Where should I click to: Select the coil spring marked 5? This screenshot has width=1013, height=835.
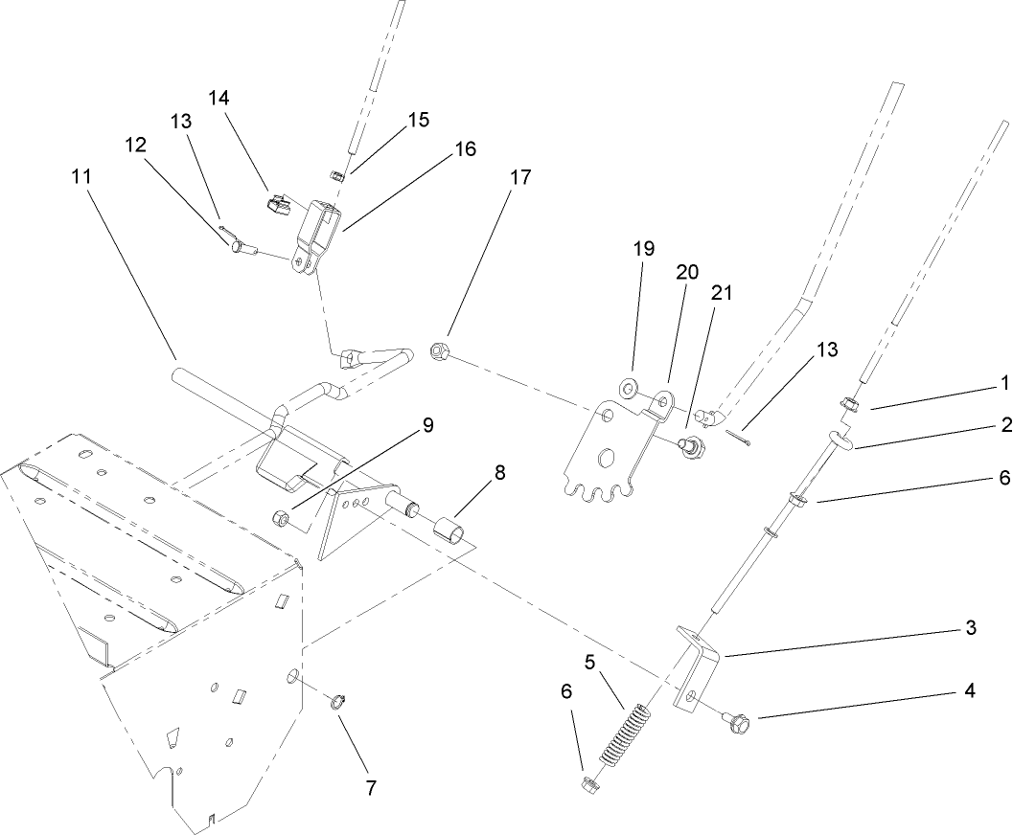[x=622, y=735]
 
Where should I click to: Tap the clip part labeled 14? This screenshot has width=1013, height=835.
[x=279, y=204]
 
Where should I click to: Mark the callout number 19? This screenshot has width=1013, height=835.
[x=643, y=249]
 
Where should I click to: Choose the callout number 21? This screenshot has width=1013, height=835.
[x=720, y=294]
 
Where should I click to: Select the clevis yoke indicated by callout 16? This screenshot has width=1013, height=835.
[x=315, y=240]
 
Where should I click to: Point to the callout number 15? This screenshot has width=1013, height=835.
[x=418, y=120]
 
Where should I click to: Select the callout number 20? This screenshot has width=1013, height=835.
[x=687, y=271]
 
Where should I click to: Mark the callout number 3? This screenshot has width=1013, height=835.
[x=970, y=628]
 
